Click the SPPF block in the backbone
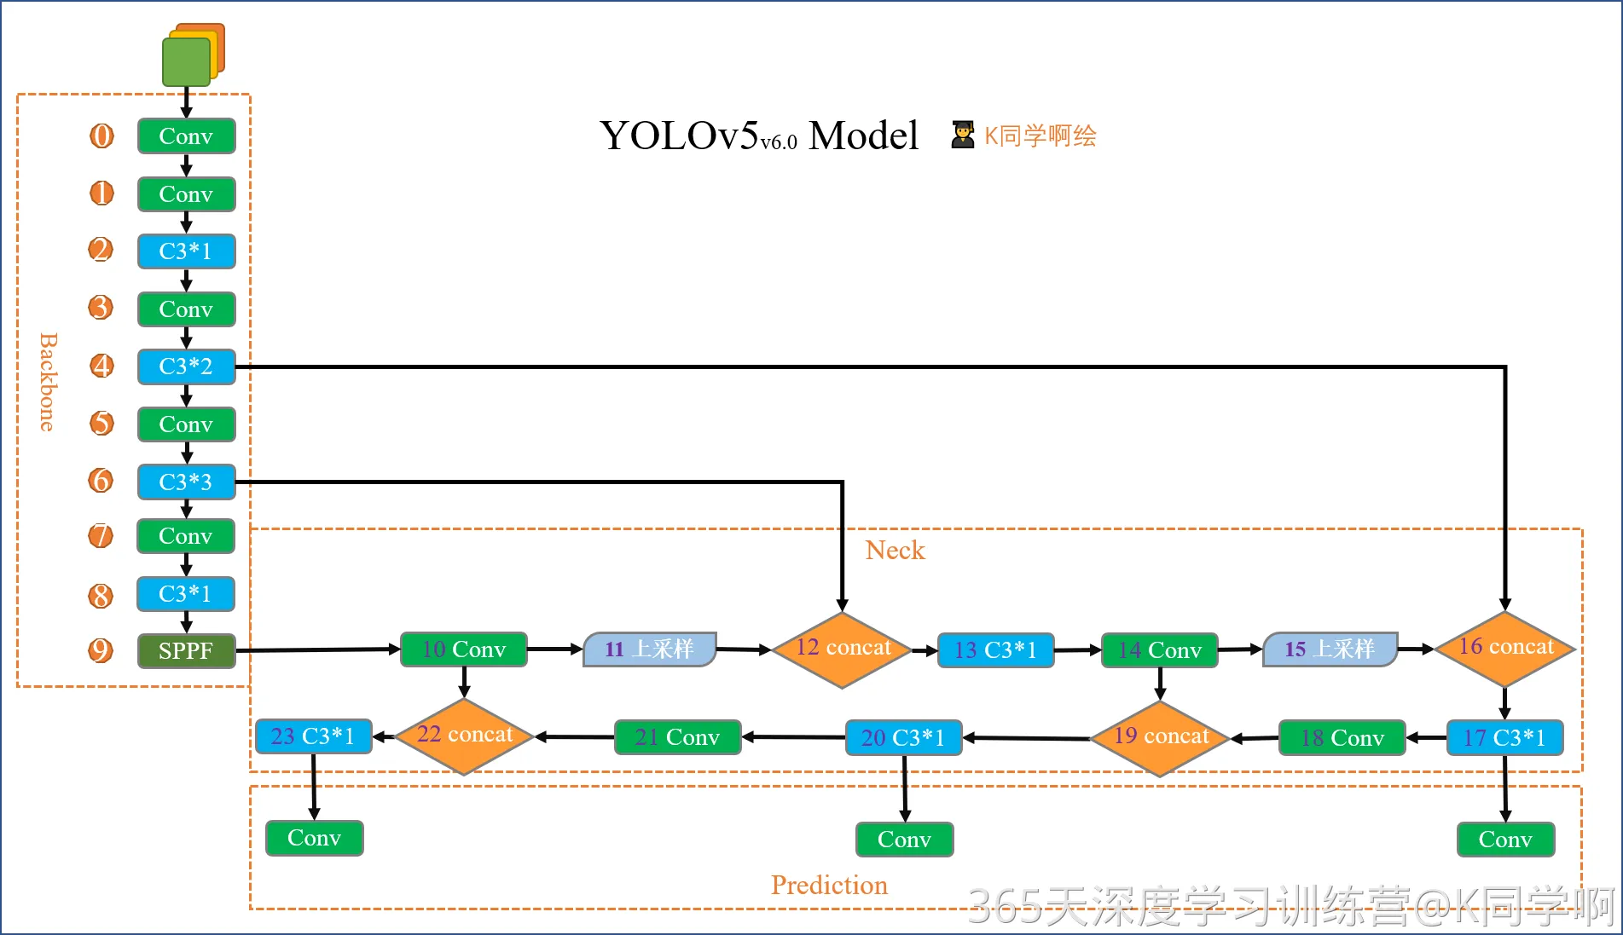tap(186, 651)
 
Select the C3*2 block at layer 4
tap(186, 366)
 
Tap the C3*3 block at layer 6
tap(186, 482)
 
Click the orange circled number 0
tap(101, 136)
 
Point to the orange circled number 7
tap(101, 536)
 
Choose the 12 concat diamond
tap(842, 649)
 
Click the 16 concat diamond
tap(1505, 649)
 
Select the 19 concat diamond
tap(1160, 737)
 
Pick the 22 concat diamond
tap(464, 736)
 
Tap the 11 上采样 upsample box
tap(650, 649)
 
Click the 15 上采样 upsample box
tap(1330, 649)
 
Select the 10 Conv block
tap(464, 649)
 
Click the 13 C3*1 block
tap(995, 650)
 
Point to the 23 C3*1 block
tap(313, 736)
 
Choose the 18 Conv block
tap(1342, 738)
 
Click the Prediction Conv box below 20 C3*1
tap(904, 840)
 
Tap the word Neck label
tap(895, 551)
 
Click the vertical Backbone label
tap(48, 382)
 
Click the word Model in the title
tap(863, 136)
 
